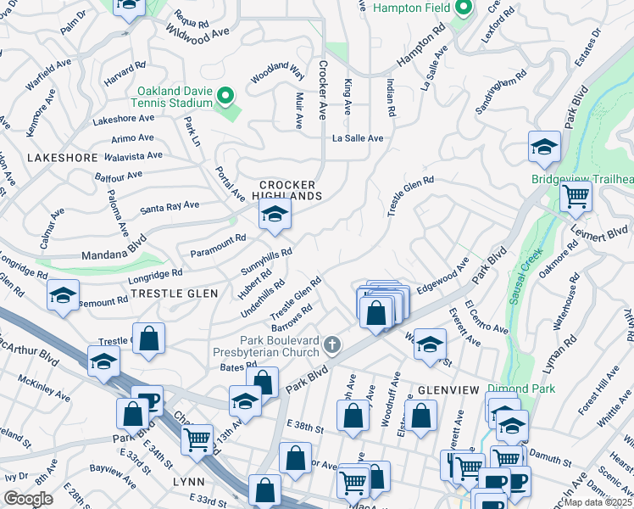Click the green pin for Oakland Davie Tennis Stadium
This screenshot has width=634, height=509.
point(225,96)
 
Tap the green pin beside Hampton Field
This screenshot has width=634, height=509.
point(462,9)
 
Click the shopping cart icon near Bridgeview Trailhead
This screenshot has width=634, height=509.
point(576,197)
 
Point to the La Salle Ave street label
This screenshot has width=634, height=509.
point(358,137)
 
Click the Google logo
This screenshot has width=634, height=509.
point(28,499)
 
